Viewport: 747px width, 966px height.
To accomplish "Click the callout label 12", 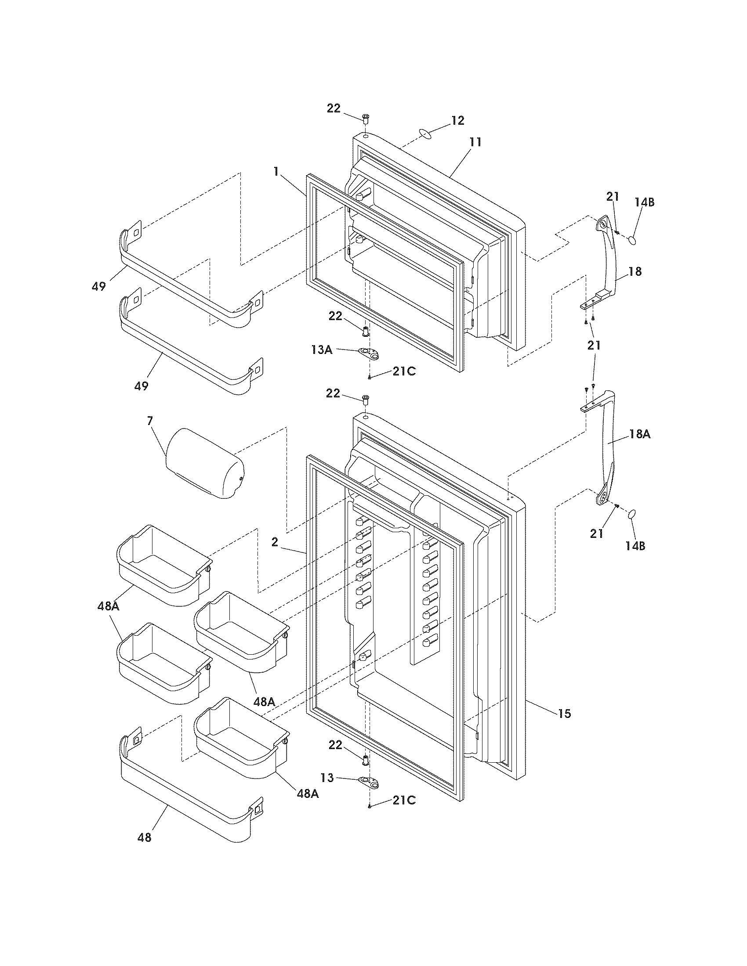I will [457, 120].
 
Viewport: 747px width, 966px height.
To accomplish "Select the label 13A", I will [322, 350].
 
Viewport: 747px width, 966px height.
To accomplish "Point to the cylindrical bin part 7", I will [204, 463].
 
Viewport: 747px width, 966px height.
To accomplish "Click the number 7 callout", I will [150, 421].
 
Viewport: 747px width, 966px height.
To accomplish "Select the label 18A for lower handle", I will [640, 434].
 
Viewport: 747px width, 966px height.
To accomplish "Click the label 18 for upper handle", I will [635, 271].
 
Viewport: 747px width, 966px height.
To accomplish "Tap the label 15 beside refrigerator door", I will [564, 713].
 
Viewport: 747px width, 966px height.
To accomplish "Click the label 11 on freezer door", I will [475, 142].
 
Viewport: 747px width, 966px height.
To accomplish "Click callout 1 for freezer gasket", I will [276, 172].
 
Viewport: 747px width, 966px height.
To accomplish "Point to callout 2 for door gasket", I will [275, 542].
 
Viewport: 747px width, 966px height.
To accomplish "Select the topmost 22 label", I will [334, 108].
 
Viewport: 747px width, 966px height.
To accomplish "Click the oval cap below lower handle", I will [632, 514].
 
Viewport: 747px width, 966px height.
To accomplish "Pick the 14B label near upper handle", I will [644, 202].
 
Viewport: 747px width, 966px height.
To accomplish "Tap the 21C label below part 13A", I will [403, 371].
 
